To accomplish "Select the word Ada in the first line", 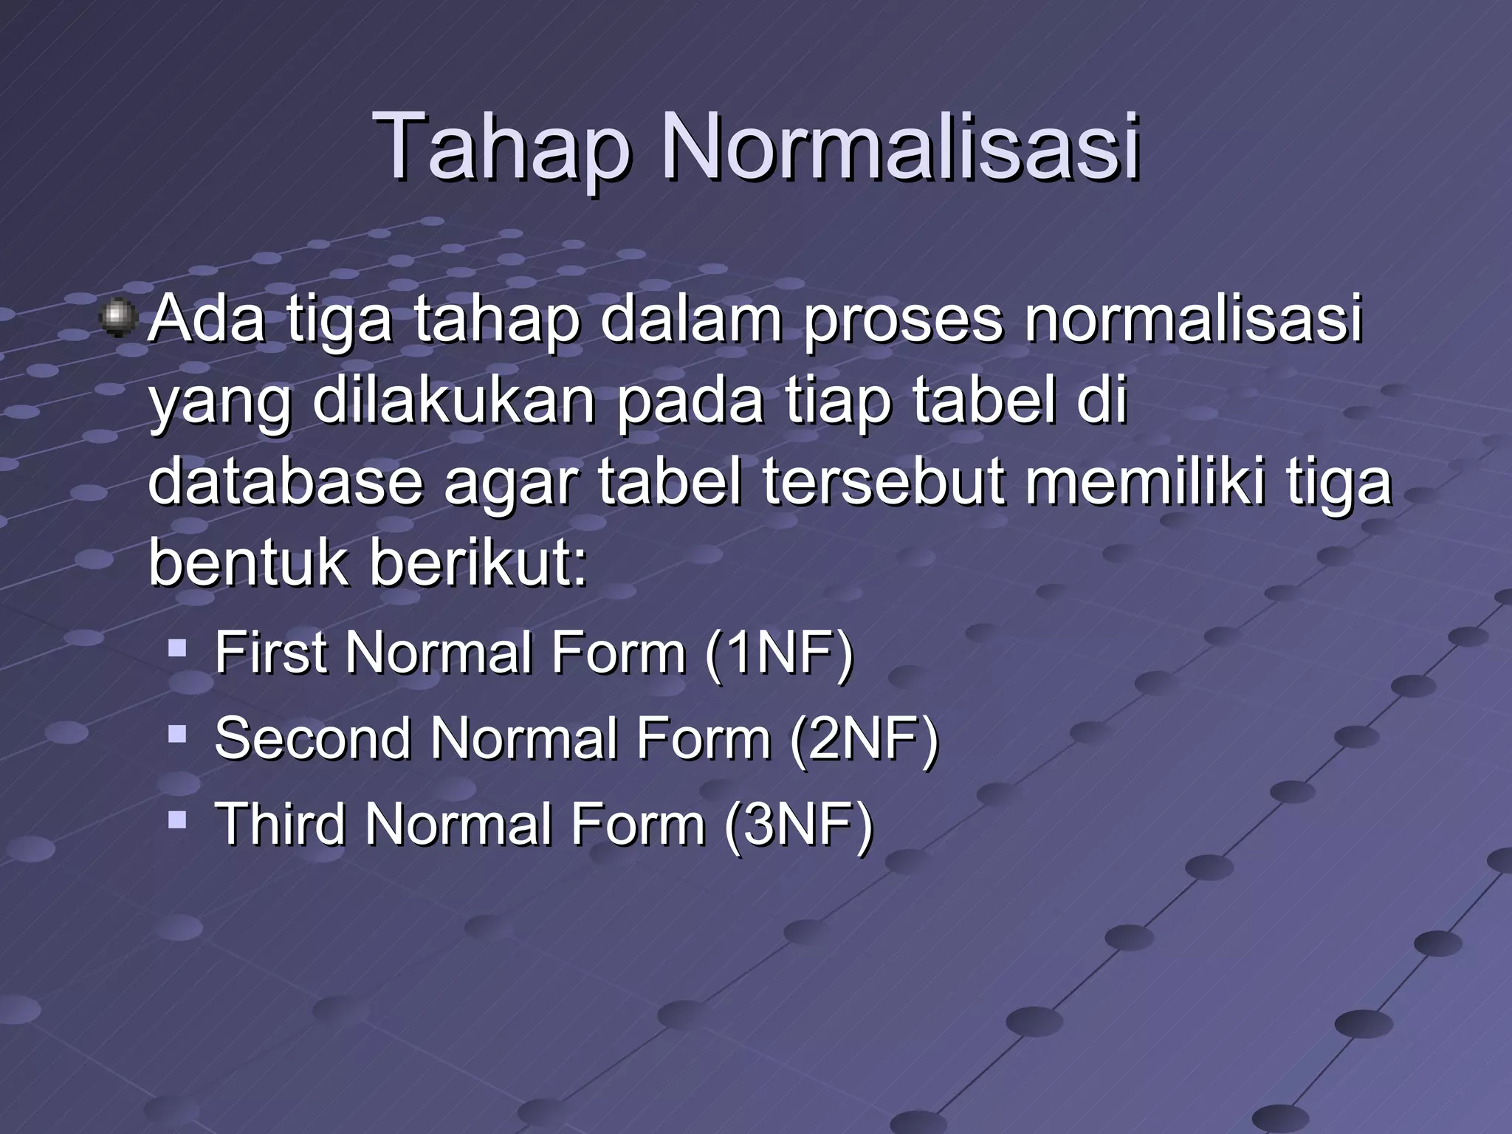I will point(207,319).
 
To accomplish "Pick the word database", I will point(285,481).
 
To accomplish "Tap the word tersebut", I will point(883,481).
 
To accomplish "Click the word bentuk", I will point(247,562).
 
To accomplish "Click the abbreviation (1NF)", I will point(779,653).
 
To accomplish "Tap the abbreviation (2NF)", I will point(864,738).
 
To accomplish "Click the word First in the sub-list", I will point(270,653).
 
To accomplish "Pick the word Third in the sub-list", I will point(280,824).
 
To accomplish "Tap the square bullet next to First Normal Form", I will point(176,649).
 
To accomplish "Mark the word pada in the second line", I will point(690,402).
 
